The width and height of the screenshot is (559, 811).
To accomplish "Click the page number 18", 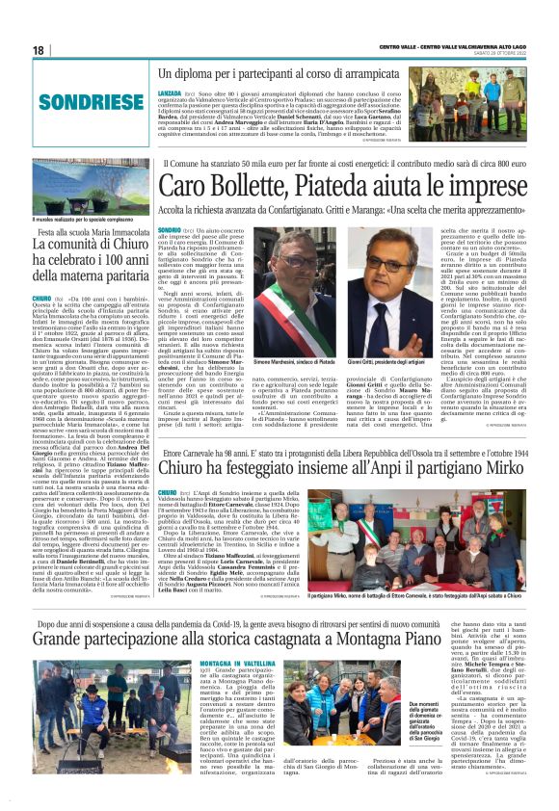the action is click(x=39, y=50).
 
